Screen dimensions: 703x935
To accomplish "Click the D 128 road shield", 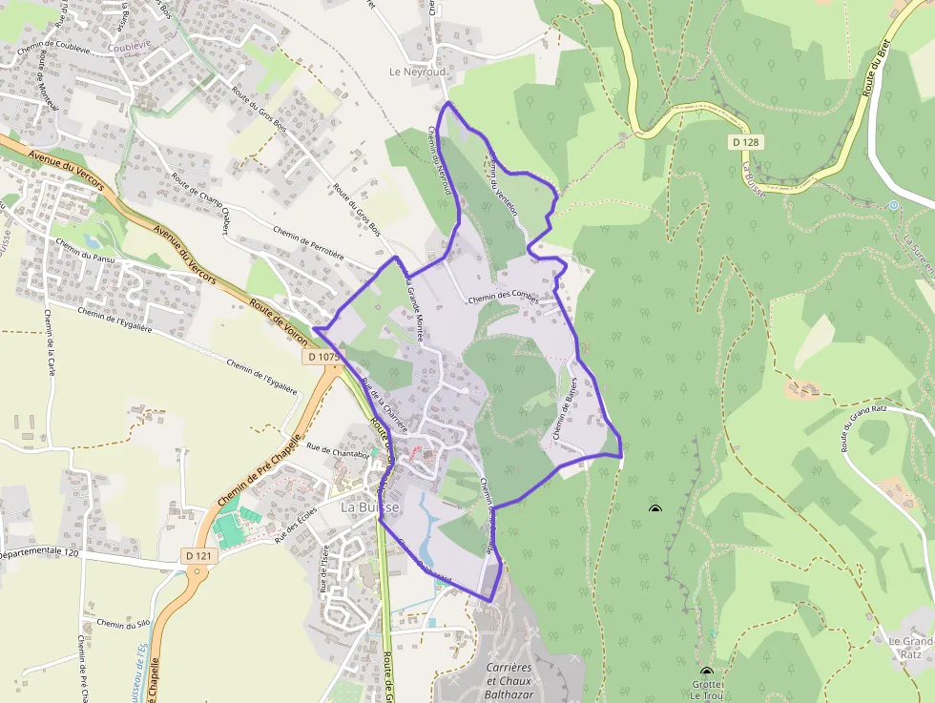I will [749, 142].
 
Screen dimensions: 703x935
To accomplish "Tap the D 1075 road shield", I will [324, 357].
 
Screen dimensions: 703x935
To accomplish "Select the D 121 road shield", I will [197, 555].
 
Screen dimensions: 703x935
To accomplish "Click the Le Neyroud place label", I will [418, 72].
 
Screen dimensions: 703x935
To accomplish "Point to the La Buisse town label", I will [371, 507].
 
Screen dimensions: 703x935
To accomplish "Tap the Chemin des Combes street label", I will [504, 298].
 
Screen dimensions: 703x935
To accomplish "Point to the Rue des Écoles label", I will [296, 526].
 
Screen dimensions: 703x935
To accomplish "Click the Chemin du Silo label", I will [124, 625].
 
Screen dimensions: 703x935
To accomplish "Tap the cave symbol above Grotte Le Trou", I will [706, 672].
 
